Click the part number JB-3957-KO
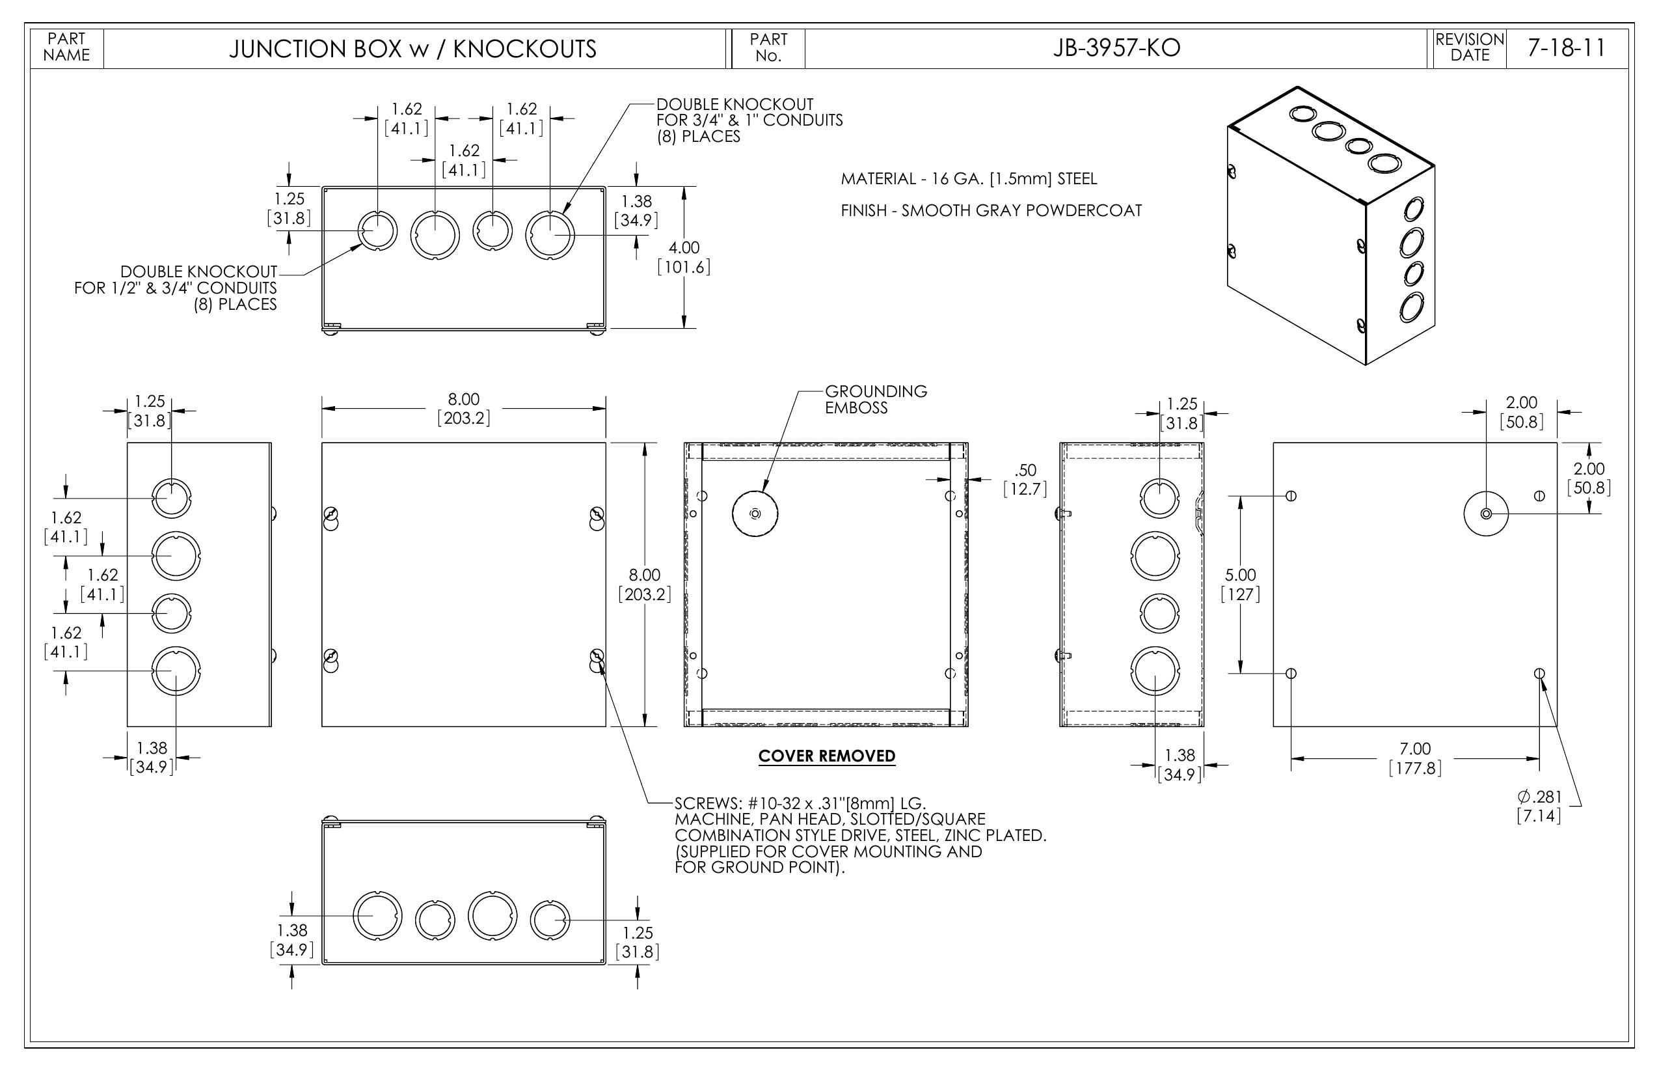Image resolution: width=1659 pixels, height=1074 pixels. click(x=1116, y=48)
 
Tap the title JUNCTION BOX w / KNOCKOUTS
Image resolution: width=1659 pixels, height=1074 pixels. click(x=412, y=49)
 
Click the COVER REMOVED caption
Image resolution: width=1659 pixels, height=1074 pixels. click(x=827, y=756)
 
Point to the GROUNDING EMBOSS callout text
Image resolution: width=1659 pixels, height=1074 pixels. click(x=876, y=400)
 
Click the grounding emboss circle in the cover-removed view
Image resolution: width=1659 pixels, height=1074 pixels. click(x=755, y=514)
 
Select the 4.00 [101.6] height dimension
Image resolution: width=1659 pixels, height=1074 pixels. click(x=684, y=257)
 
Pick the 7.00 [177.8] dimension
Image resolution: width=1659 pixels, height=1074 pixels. click(x=1415, y=759)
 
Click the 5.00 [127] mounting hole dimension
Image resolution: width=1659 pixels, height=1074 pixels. click(x=1241, y=585)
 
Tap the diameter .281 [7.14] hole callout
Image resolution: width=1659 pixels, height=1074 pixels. click(x=1539, y=806)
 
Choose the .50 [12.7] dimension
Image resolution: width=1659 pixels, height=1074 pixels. click(x=1025, y=480)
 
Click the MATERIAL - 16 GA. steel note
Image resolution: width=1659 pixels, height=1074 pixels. click(x=969, y=179)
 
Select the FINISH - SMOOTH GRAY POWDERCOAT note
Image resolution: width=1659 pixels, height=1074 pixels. click(x=991, y=211)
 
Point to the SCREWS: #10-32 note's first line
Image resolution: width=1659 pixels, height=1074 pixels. click(x=800, y=803)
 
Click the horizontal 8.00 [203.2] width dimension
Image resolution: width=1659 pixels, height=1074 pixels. click(x=463, y=409)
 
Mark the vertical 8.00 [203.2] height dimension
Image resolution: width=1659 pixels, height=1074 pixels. click(x=645, y=585)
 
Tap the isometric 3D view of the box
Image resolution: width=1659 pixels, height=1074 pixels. click(x=1330, y=225)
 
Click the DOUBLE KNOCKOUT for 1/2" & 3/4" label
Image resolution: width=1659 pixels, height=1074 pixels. click(x=176, y=288)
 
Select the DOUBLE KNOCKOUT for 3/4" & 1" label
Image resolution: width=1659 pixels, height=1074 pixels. click(x=749, y=120)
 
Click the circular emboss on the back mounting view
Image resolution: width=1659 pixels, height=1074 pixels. click(x=1485, y=514)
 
